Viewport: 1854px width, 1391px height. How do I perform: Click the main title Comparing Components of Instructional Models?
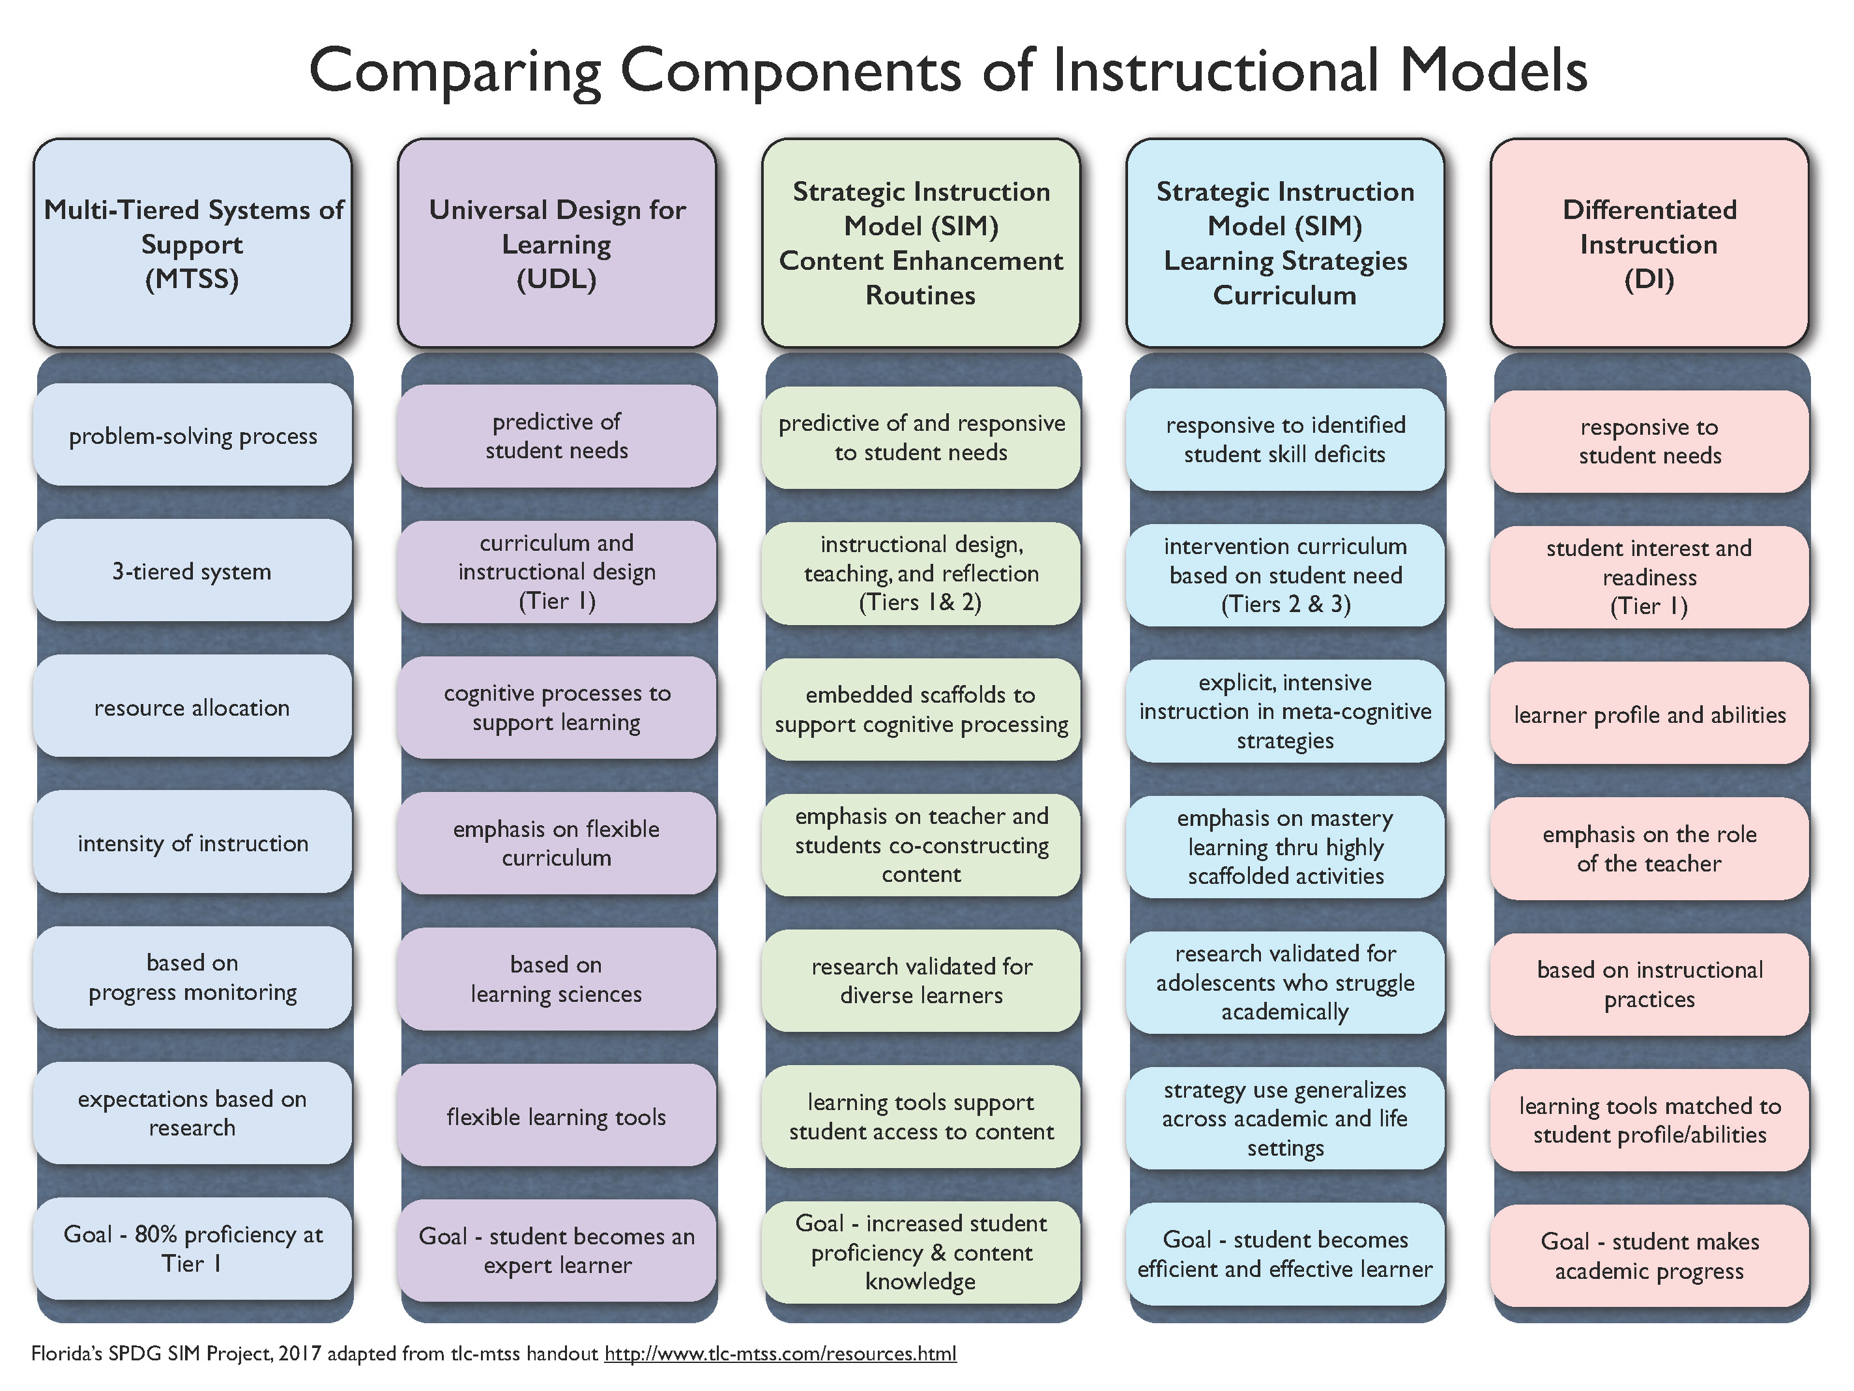coord(947,70)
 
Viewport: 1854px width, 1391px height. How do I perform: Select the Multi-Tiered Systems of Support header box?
coord(193,243)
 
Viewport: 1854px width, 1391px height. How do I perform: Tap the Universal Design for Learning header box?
coord(557,243)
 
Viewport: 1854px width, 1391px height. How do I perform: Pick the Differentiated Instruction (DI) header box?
coord(1649,243)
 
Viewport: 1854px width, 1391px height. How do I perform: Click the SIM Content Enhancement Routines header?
coord(920,243)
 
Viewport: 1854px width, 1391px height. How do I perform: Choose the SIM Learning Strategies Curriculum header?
coord(1285,243)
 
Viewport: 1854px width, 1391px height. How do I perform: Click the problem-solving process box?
coord(193,435)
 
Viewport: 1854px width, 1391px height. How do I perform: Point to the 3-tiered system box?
coord(193,571)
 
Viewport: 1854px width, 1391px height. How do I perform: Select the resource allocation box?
coord(193,707)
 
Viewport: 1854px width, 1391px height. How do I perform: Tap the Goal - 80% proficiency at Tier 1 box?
coord(193,1248)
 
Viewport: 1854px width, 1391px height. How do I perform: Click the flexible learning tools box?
coord(557,1116)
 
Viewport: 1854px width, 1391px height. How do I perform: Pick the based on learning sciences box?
coord(557,979)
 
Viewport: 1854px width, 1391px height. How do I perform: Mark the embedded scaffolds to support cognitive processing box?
coord(920,709)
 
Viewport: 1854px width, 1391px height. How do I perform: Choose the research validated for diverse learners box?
coord(920,980)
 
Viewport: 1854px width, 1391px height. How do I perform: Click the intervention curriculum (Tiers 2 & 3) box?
coord(1285,575)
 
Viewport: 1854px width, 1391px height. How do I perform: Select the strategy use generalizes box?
coord(1285,1119)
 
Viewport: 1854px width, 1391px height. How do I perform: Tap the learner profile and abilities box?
coord(1649,714)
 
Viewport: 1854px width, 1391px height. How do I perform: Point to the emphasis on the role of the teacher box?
coord(1649,849)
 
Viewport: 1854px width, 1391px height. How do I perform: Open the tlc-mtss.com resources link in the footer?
coord(779,1353)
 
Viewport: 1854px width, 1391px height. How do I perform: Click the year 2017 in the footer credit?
coord(299,1353)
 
